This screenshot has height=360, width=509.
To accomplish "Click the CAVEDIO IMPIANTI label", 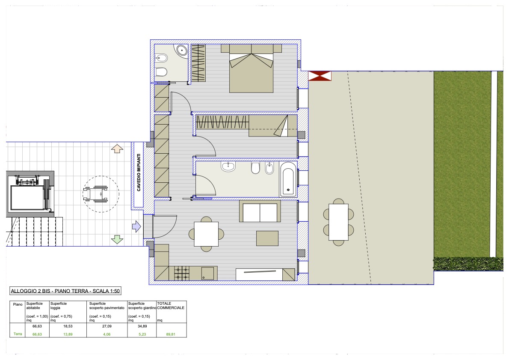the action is [139, 173].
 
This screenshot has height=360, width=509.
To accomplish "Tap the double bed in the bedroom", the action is [251, 68].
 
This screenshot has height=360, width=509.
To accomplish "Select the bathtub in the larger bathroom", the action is [288, 179].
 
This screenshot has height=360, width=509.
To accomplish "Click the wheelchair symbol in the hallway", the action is [96, 194].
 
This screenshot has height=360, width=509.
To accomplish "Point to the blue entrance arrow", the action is [137, 226].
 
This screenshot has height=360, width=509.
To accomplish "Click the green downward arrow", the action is [117, 240].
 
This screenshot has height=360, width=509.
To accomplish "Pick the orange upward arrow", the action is [117, 149].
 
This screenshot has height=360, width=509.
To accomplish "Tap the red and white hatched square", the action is [320, 76].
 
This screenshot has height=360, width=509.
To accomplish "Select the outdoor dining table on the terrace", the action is [338, 222].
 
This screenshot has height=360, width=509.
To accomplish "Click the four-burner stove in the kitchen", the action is [182, 273].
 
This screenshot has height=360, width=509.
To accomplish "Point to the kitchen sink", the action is [208, 273].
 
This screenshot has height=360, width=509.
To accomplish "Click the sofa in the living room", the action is [260, 211].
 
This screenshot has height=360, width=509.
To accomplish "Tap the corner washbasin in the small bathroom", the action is [181, 51].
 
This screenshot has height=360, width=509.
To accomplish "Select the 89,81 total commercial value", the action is [171, 334].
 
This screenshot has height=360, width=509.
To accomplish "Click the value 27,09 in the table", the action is [107, 326].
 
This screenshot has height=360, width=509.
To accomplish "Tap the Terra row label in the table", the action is [18, 334].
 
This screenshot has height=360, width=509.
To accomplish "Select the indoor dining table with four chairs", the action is [206, 234].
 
